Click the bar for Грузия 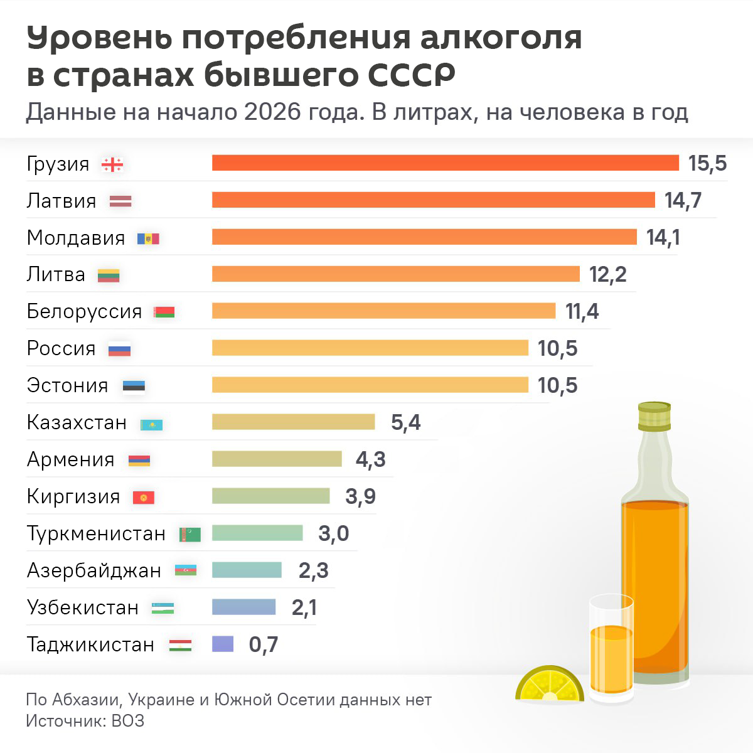click(x=446, y=163)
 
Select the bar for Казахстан click(x=293, y=422)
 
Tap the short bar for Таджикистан click(x=223, y=644)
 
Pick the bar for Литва click(x=395, y=274)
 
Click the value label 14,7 click(x=683, y=200)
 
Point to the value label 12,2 click(x=607, y=274)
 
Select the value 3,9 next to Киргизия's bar click(x=360, y=496)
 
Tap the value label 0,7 click(x=263, y=644)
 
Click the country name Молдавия click(x=76, y=238)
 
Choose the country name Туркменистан click(x=96, y=533)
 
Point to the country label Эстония click(x=67, y=385)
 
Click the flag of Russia click(x=119, y=350)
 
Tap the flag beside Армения click(x=139, y=461)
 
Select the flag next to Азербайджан click(x=186, y=570)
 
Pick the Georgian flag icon click(x=112, y=164)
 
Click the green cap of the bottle click(x=654, y=415)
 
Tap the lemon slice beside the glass click(x=549, y=685)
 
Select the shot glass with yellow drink click(x=611, y=653)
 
